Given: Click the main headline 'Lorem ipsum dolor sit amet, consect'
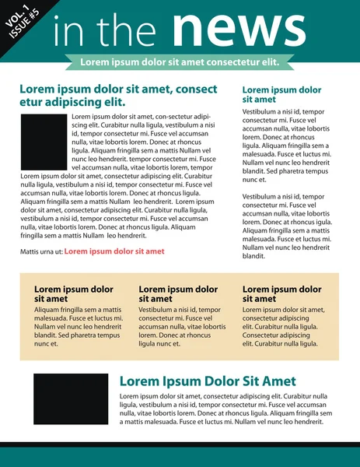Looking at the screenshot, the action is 118,90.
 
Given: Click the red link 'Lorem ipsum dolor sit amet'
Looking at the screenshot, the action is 114,251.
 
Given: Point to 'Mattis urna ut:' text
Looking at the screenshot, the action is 40,251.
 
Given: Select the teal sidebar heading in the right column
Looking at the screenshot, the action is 281,95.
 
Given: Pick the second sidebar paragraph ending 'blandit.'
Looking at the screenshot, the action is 286,226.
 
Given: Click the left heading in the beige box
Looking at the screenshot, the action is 74,294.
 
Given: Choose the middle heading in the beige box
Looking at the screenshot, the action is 178,294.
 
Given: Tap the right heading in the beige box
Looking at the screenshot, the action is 282,294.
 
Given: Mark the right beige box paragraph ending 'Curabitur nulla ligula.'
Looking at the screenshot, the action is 283,326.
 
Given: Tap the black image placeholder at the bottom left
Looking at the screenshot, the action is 71,399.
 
